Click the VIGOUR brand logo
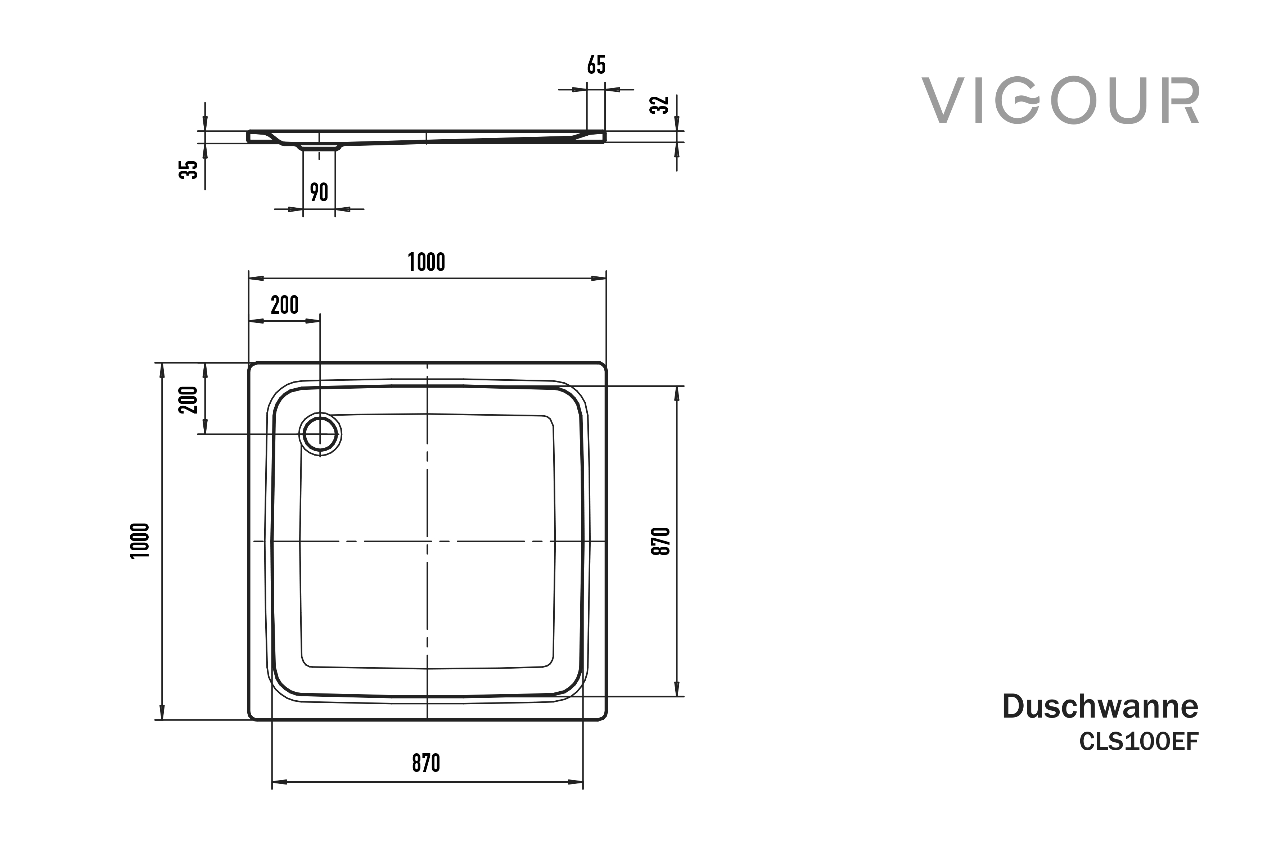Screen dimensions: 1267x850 pos(1060,101)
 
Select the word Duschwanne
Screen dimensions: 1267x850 pos(1100,706)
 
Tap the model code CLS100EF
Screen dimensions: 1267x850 pos(1139,742)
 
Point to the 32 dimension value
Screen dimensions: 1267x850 pos(659,105)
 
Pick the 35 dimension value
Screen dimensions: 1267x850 pos(188,169)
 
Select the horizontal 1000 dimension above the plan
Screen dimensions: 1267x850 pos(426,262)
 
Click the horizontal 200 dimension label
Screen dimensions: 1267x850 pos(285,305)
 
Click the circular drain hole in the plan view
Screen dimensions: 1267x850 pos(320,434)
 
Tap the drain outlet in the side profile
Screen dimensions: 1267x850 pos(319,146)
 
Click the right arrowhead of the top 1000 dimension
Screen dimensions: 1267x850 pos(599,279)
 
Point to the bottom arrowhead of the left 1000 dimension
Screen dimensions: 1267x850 pos(162,712)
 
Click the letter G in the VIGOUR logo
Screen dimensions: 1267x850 pos(1019,101)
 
